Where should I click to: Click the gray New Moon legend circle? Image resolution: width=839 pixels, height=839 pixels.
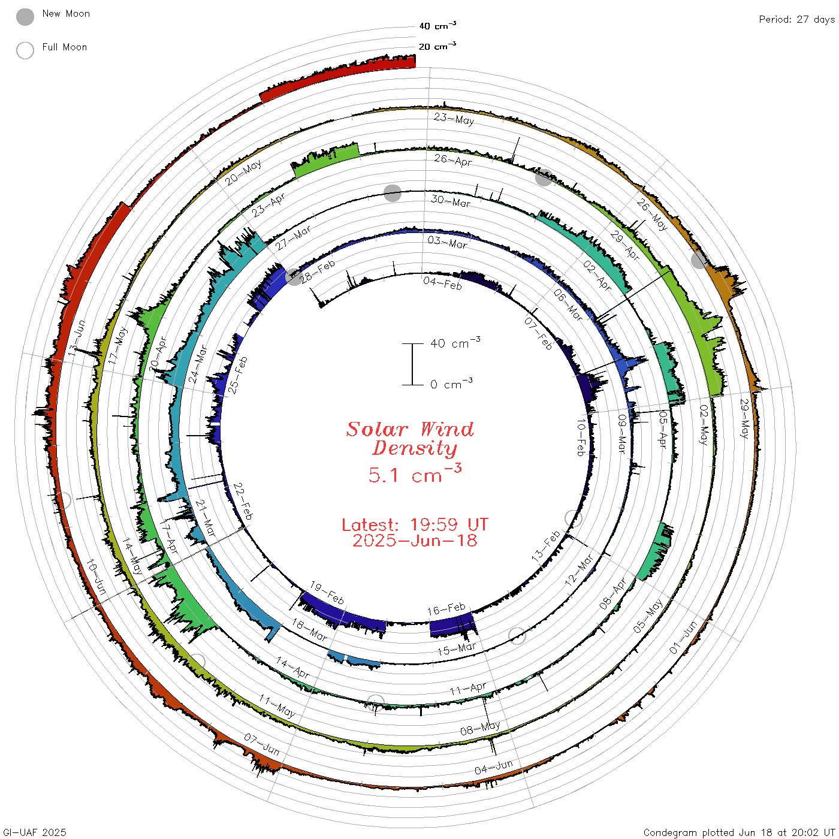(x=25, y=17)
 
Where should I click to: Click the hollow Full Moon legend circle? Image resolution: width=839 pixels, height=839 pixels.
(x=25, y=50)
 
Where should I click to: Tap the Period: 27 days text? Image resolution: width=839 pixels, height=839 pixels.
(x=796, y=20)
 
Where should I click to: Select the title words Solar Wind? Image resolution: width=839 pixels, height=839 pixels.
(x=410, y=429)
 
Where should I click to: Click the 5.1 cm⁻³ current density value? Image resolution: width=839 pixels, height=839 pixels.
(x=415, y=473)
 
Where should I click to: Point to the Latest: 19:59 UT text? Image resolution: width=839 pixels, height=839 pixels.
(x=415, y=524)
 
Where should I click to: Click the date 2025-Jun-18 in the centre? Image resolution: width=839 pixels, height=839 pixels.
(x=415, y=541)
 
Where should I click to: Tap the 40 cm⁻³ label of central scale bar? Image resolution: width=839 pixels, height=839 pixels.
(x=455, y=343)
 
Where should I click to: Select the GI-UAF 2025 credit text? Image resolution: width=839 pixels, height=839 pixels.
(x=34, y=832)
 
